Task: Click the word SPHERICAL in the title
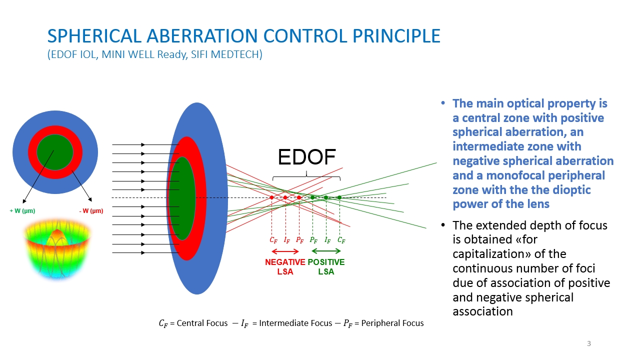(x=94, y=36)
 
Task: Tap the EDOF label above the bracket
(x=306, y=157)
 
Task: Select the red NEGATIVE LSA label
(x=285, y=266)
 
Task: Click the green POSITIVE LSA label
(x=326, y=266)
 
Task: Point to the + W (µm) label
(x=22, y=211)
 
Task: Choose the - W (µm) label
(x=91, y=211)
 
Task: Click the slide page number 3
(x=589, y=343)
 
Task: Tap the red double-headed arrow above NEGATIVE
(x=285, y=251)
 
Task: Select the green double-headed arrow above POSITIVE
(x=326, y=251)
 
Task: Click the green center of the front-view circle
(x=55, y=152)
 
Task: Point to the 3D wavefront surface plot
(x=57, y=248)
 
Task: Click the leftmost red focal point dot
(x=271, y=197)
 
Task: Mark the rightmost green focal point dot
(x=339, y=197)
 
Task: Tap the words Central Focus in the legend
(x=202, y=323)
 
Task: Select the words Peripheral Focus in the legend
(x=392, y=323)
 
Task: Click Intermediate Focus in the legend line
(x=295, y=323)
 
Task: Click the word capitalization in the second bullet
(x=509, y=254)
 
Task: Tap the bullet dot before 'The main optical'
(x=443, y=103)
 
